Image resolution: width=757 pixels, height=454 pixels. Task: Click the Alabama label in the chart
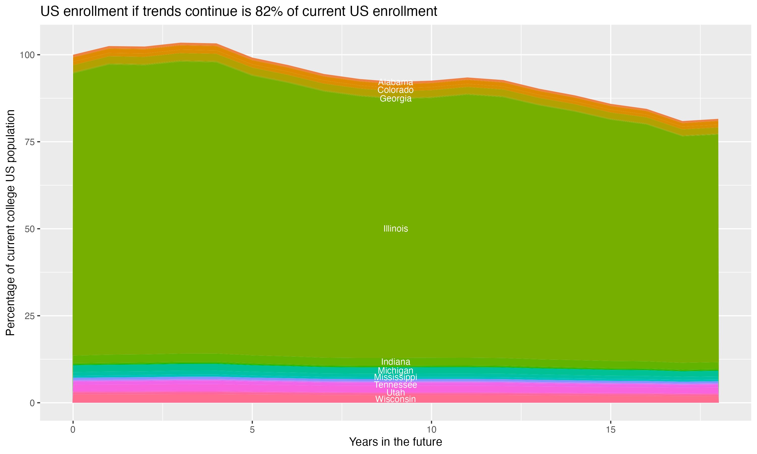click(x=395, y=82)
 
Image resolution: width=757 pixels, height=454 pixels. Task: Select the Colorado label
click(x=395, y=90)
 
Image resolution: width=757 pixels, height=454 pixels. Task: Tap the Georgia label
click(x=395, y=99)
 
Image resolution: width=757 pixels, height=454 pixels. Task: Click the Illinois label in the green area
click(x=395, y=229)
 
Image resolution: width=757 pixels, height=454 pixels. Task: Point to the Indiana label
click(x=395, y=362)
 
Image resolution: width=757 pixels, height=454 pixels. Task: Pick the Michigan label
click(x=395, y=371)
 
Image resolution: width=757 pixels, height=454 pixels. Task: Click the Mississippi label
click(x=395, y=377)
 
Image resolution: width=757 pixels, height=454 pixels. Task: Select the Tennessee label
click(x=395, y=385)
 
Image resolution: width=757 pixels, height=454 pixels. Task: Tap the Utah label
click(x=395, y=392)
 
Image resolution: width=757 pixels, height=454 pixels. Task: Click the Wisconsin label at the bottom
click(x=395, y=399)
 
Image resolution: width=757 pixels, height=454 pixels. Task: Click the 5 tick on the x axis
click(x=252, y=430)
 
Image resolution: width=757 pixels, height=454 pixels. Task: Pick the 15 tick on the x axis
click(x=610, y=430)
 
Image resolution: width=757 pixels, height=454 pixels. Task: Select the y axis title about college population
click(x=10, y=223)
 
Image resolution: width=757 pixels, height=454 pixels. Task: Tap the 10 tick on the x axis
click(x=431, y=430)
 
